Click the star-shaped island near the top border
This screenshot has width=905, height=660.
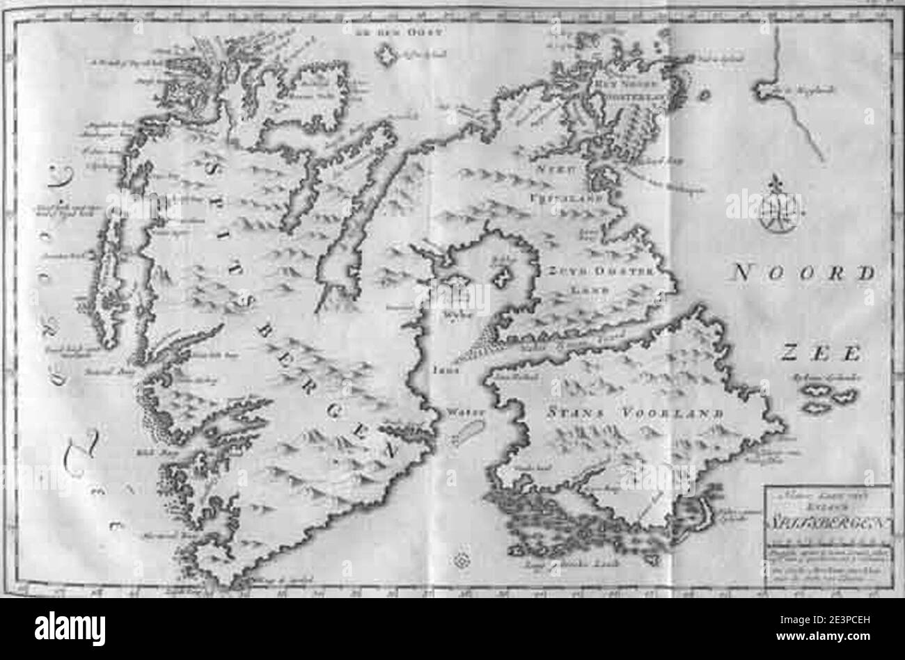click(x=387, y=57)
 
